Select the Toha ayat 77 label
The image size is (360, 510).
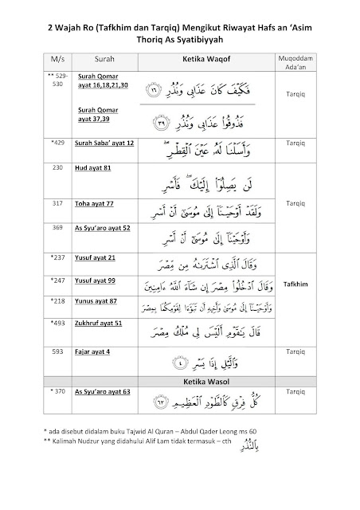pyautogui.click(x=96, y=202)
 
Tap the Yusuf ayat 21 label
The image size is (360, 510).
pyautogui.click(x=97, y=257)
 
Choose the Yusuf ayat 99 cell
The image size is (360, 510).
pyautogui.click(x=97, y=281)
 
